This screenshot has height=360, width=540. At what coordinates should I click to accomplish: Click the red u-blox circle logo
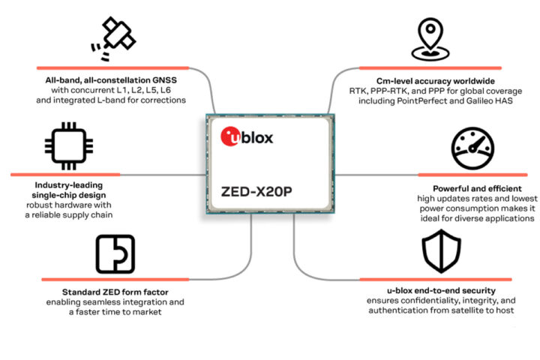(x=228, y=136)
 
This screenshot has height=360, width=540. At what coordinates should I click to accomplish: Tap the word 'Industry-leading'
(x=69, y=184)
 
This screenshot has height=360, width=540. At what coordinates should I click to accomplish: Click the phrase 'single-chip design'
(x=69, y=195)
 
